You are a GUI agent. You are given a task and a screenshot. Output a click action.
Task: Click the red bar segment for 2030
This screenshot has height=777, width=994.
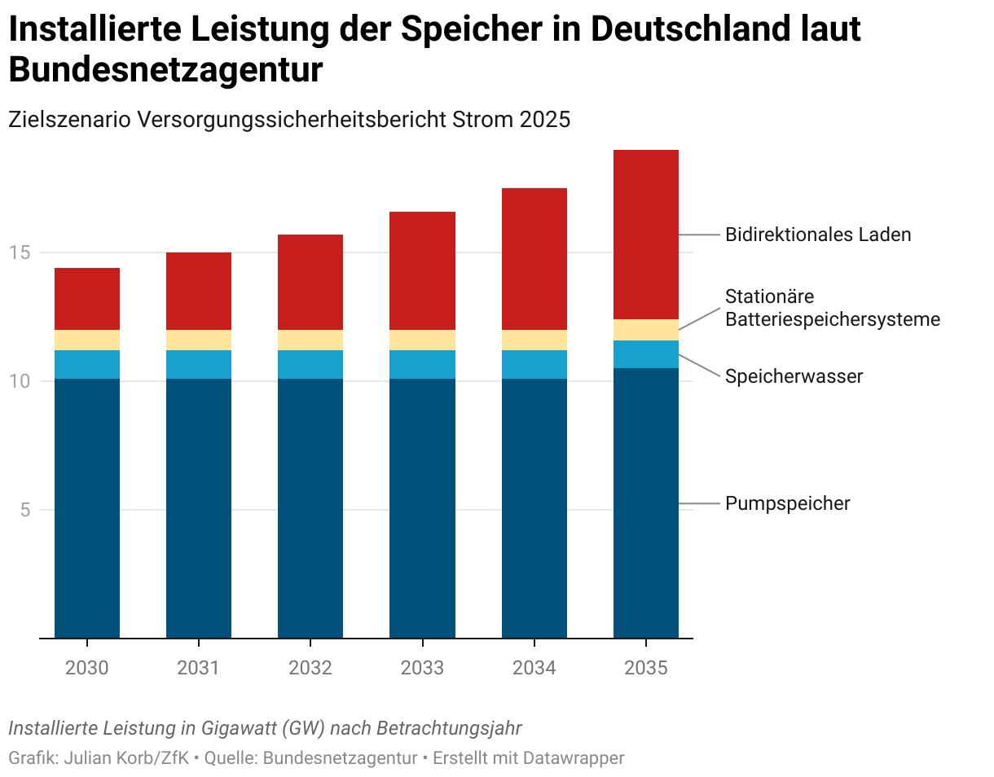[87, 299]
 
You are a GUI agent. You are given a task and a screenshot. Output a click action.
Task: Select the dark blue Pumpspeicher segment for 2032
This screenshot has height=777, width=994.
[310, 508]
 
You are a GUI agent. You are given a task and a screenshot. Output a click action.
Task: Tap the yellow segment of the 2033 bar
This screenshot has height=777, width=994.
[422, 340]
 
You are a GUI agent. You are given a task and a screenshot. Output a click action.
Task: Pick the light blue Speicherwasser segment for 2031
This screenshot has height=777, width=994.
[199, 364]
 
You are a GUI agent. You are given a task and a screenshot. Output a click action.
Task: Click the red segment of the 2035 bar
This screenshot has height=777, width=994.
[646, 235]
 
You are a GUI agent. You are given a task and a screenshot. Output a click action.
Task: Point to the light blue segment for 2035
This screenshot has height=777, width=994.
[646, 354]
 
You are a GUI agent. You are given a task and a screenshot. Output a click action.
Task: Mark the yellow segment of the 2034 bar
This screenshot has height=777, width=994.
[534, 340]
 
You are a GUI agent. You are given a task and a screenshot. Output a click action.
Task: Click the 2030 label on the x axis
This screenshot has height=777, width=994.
[87, 669]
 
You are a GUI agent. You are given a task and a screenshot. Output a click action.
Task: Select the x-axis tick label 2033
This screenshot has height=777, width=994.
[422, 669]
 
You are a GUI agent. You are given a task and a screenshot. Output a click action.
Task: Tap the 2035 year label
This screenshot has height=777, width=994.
[646, 669]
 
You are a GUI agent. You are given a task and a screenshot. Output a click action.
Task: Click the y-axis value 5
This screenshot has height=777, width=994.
[25, 511]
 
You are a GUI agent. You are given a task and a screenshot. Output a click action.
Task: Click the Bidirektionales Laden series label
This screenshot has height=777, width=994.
[818, 235]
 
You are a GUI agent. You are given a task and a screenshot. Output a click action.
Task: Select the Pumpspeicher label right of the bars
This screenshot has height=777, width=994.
[788, 503]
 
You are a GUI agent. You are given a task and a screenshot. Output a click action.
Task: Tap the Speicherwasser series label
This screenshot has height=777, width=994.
[794, 376]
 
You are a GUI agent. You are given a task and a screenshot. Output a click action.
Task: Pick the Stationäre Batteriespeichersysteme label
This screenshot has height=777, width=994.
[832, 308]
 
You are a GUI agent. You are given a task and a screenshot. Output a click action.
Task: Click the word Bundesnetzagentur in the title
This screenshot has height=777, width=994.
[165, 70]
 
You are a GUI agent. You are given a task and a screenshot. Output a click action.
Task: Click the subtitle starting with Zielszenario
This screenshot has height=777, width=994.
[289, 120]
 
